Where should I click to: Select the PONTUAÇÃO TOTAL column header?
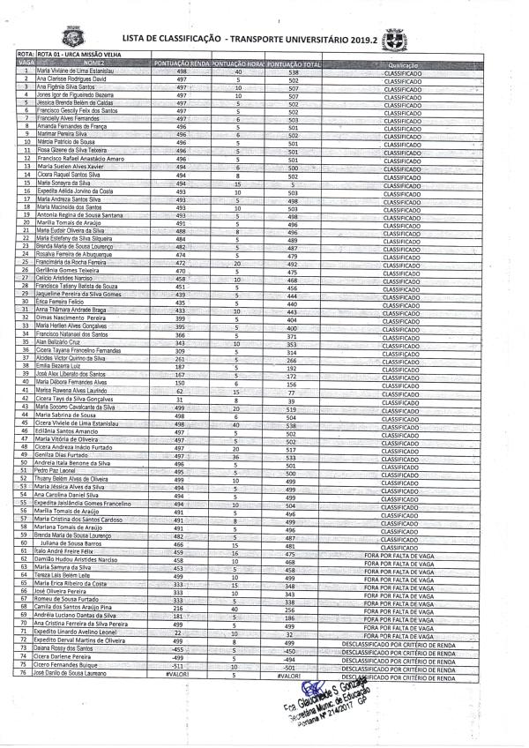click(293, 64)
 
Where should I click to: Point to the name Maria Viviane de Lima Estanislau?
click(77, 71)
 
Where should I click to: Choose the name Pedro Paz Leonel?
click(55, 471)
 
